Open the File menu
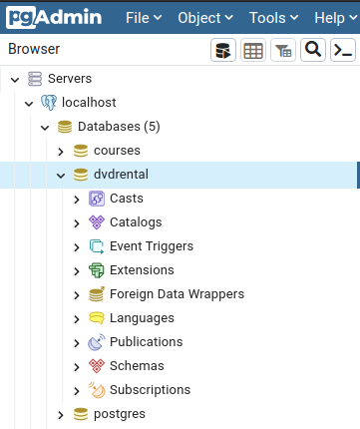[144, 18]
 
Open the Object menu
[205, 18]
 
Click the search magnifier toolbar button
[313, 51]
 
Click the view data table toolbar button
[253, 51]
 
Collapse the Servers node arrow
[13, 79]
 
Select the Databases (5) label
[118, 127]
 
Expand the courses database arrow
[61, 151]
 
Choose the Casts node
[127, 199]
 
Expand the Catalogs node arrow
[78, 222]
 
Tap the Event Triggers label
[152, 246]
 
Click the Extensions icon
[97, 270]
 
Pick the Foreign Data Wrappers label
[177, 294]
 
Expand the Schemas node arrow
[78, 366]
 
